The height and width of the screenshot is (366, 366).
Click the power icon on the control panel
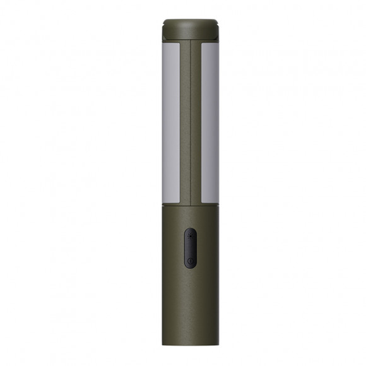(189, 259)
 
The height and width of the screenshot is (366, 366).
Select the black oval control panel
(189, 248)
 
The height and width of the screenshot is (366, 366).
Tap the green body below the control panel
(189, 303)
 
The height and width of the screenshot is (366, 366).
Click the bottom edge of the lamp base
(189, 341)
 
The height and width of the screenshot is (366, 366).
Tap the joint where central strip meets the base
(189, 204)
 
